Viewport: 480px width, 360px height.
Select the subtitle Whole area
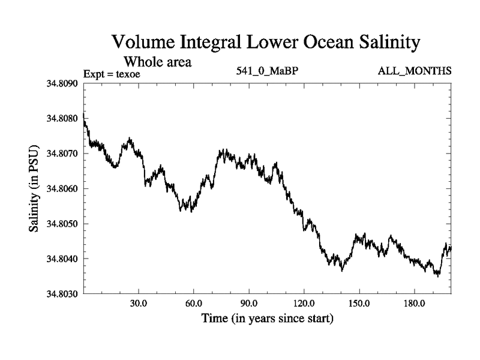coord(157,61)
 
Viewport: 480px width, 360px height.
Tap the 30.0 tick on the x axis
coord(139,303)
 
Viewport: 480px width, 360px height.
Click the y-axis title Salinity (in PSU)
coord(34,188)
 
